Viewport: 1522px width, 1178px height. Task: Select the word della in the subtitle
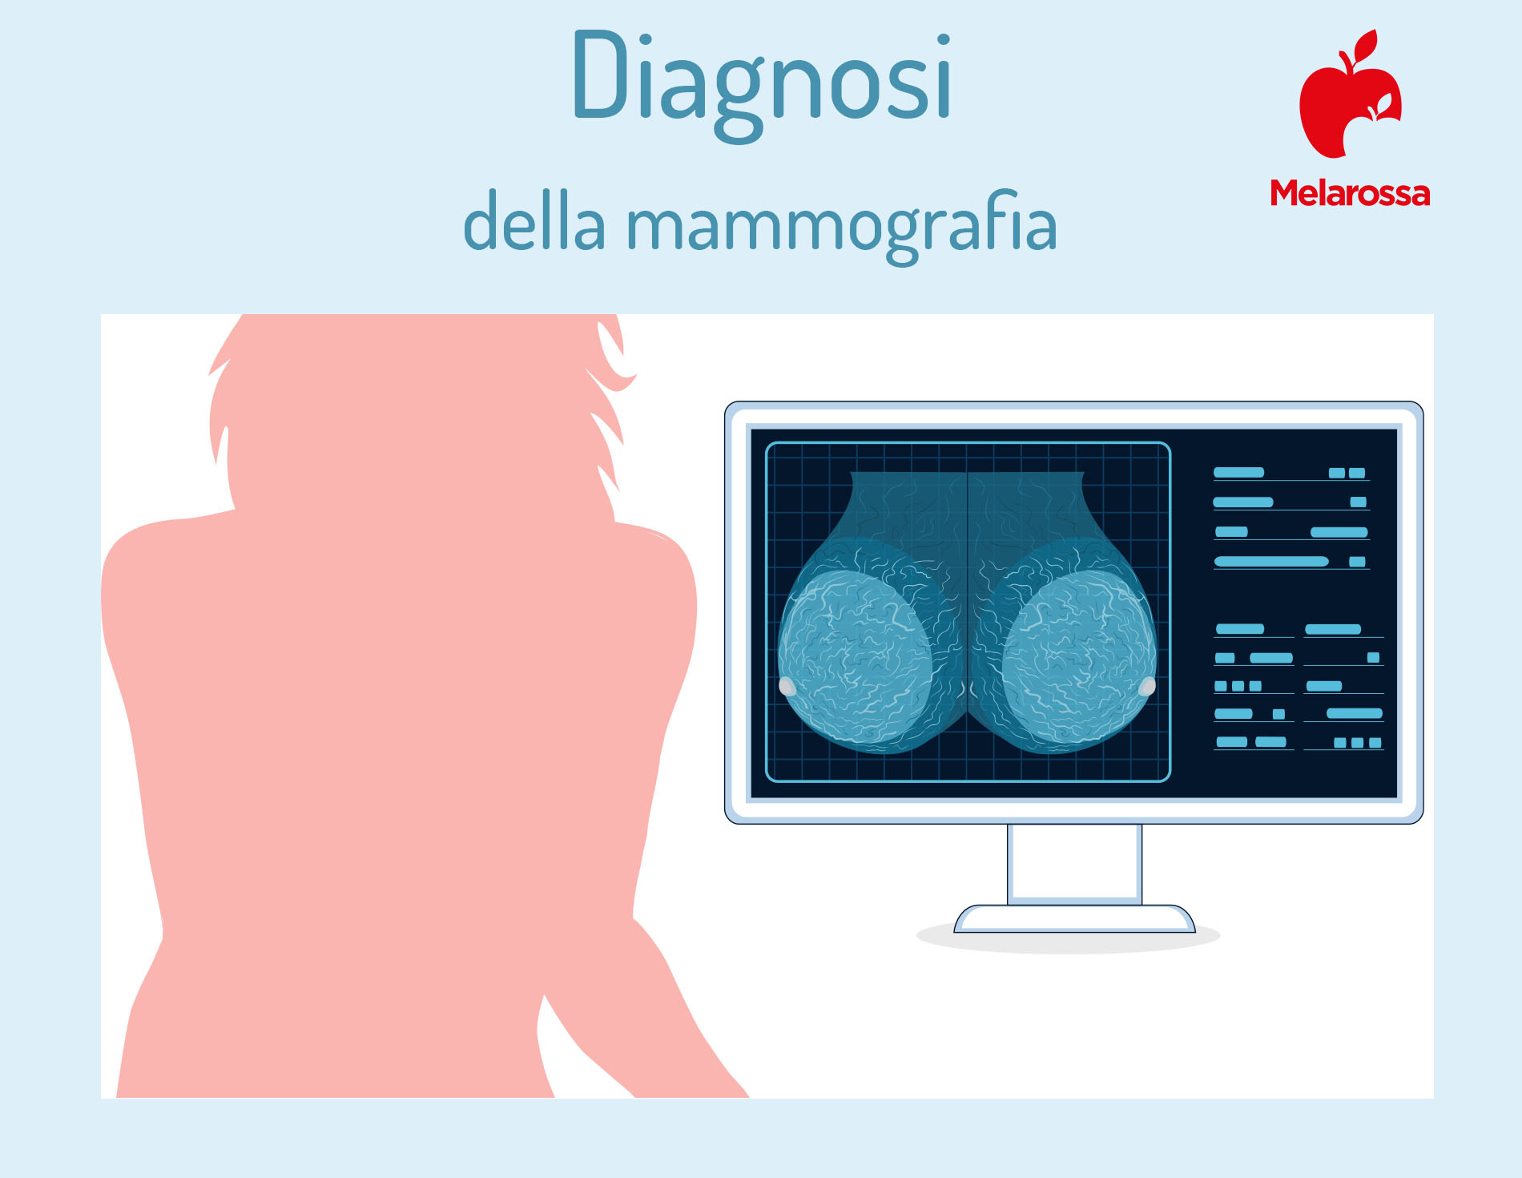pos(534,220)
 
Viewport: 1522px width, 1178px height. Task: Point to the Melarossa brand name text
pos(1350,193)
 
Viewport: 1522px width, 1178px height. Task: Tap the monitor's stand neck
pos(1074,863)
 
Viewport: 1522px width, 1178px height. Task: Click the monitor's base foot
pos(1074,919)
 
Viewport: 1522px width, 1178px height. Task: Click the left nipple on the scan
pos(787,686)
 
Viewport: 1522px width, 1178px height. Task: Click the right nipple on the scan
pos(1147,686)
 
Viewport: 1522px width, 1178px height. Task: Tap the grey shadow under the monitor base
pos(1068,939)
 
